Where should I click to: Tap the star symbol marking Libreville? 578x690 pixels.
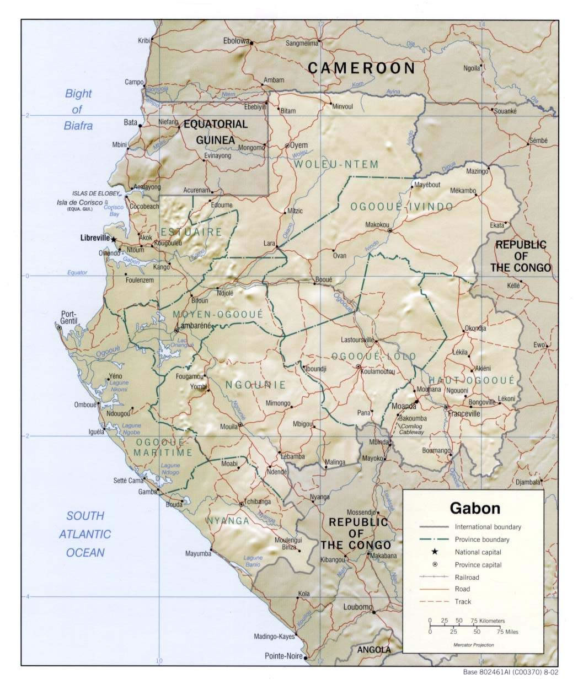pos(114,240)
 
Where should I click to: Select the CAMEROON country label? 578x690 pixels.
pos(361,68)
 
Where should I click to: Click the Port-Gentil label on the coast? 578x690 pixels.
pos(70,318)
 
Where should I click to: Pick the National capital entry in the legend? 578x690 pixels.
pos(478,552)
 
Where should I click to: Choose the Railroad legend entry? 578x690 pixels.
pos(467,577)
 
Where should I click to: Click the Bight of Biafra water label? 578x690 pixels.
pos(78,109)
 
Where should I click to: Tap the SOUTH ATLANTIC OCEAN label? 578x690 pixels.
pos(85,534)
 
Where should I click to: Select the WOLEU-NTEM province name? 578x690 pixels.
pos(336,164)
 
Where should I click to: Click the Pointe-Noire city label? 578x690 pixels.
pos(283,656)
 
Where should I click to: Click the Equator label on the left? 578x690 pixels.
pos(77,272)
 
